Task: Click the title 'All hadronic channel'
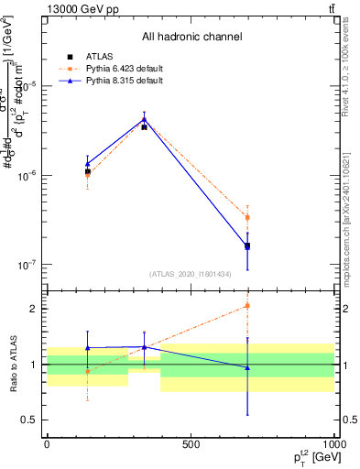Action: tap(191, 37)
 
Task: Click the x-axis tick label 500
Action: tap(191, 444)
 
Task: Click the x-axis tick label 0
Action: tap(47, 444)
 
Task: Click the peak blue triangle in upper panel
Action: tap(144, 118)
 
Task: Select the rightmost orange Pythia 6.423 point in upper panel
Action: tap(247, 217)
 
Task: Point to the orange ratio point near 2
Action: tap(247, 306)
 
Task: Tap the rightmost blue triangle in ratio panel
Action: tap(247, 367)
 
